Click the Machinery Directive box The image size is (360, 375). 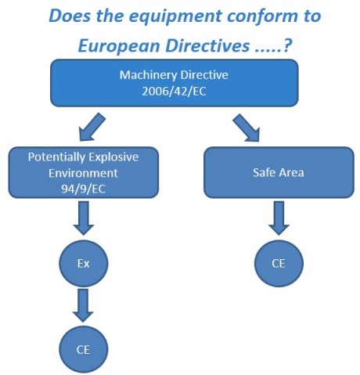(175, 83)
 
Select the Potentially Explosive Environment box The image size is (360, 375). (84, 172)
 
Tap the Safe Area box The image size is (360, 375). (279, 172)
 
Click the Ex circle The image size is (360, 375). (84, 264)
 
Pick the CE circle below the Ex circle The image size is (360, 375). (84, 349)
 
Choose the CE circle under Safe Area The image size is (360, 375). (279, 264)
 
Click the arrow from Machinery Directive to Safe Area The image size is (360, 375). (247, 128)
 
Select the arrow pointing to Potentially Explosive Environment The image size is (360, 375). (92, 127)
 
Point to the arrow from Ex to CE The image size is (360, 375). (83, 305)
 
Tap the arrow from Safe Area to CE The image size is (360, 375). (279, 218)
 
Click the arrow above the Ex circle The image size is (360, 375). (84, 218)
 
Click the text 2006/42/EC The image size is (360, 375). (174, 92)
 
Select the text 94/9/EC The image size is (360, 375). (84, 189)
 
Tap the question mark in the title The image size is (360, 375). (286, 45)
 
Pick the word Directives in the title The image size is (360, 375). (207, 45)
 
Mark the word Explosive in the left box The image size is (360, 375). (113, 157)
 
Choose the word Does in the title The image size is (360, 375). (70, 16)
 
